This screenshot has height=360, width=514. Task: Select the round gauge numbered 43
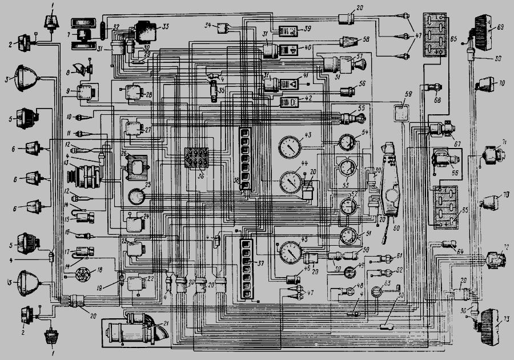point(291,147)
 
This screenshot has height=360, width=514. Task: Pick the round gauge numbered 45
point(291,252)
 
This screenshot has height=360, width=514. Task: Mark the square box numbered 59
point(403,111)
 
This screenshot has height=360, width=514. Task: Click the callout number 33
point(166,26)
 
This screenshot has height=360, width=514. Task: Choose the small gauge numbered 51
point(347,234)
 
